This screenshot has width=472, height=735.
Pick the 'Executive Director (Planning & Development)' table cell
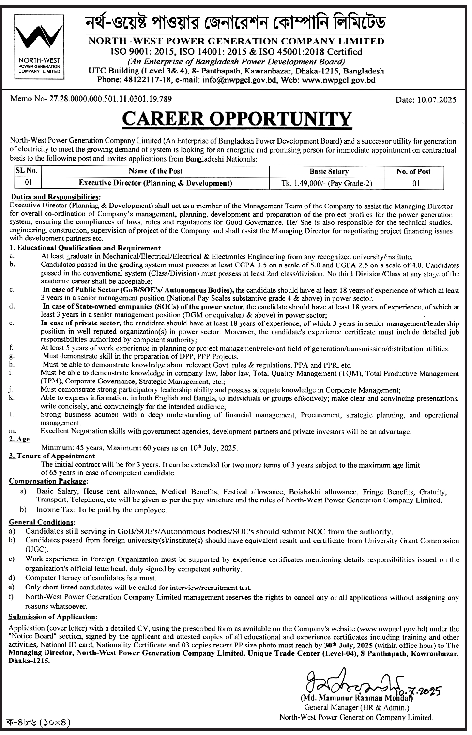[x=155, y=183]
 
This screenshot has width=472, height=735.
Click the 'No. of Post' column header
[x=413, y=171]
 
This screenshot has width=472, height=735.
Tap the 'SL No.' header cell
[x=27, y=171]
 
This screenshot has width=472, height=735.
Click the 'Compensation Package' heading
[x=48, y=482]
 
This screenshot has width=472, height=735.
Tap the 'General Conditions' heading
[x=42, y=522]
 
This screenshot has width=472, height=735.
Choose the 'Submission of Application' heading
[x=52, y=617]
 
